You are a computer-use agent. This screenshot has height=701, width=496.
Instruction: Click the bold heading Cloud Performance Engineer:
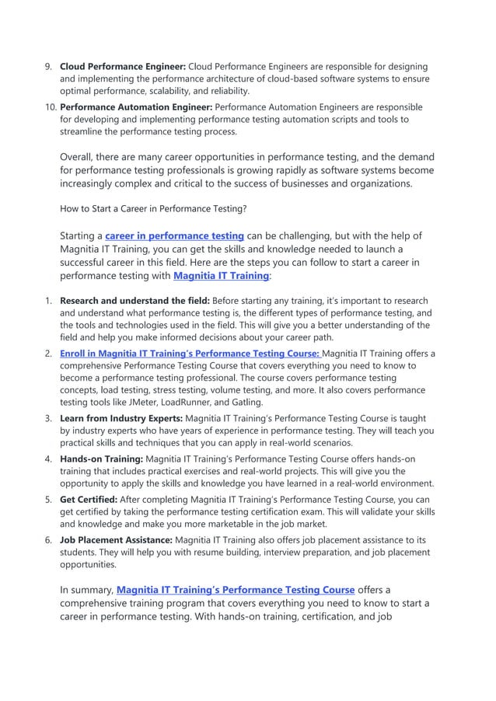coord(123,67)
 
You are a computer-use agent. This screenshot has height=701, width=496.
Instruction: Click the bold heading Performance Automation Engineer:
coord(136,107)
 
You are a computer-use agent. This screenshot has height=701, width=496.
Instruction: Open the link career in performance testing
coord(174,235)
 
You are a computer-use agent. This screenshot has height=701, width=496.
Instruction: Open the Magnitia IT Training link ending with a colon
coord(221,275)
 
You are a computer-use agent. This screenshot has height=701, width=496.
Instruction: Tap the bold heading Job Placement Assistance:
coord(117,540)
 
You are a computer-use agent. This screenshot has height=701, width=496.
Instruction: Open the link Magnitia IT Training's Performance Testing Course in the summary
coord(236,590)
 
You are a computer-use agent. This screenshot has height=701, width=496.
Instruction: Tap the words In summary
coord(86,590)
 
